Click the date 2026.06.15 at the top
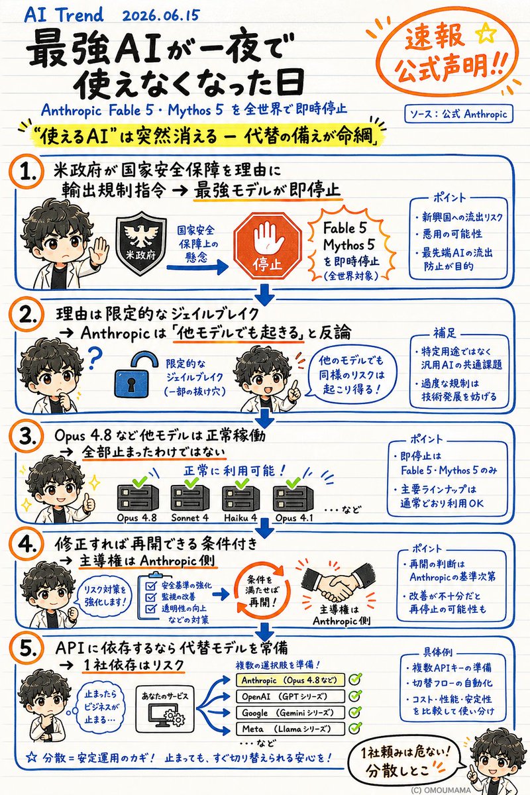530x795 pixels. (160, 16)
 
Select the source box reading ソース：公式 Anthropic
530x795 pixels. (458, 114)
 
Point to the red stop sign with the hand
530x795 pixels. (267, 246)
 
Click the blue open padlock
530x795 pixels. (135, 376)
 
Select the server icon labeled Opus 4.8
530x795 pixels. (138, 496)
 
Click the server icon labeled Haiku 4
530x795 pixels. (241, 498)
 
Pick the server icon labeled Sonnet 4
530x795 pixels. (189, 496)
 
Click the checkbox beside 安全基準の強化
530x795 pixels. (150, 585)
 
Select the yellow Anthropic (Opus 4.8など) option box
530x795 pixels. (290, 680)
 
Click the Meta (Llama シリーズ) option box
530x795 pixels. (290, 729)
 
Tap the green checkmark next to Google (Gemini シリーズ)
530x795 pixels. (355, 712)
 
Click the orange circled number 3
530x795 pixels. (26, 437)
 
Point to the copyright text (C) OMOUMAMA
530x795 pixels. (440, 790)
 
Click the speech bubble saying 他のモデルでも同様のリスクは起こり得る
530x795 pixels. (351, 376)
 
